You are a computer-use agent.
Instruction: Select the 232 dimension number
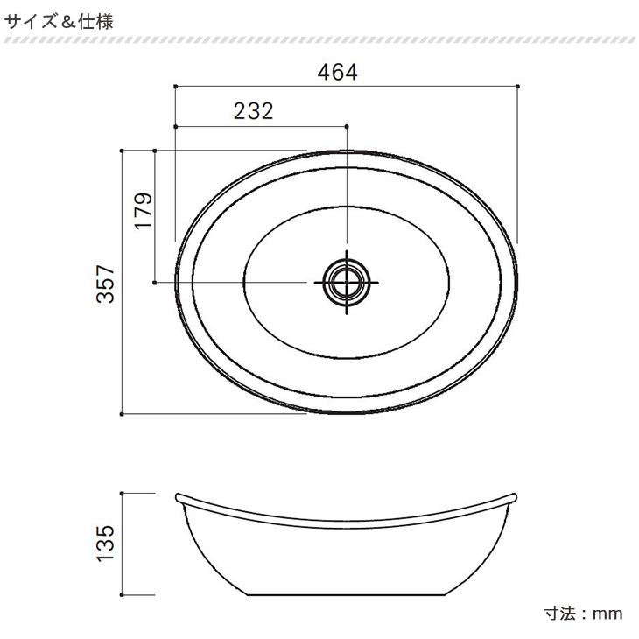254,111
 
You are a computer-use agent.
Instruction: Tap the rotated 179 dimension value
144,211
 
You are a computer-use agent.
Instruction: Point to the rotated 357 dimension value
107,284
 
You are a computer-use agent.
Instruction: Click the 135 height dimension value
107,544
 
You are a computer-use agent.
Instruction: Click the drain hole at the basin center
348,282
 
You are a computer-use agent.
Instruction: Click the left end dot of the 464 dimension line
176,86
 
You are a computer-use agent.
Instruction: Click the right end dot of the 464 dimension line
519,86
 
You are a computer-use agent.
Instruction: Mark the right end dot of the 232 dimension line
348,126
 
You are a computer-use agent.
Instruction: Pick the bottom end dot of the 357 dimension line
123,413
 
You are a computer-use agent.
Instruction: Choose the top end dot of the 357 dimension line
123,151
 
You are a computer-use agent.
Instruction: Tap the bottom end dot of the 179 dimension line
155,282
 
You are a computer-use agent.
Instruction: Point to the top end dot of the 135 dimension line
123,493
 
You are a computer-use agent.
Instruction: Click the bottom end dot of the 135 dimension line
123,594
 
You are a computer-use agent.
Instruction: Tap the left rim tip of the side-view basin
178,496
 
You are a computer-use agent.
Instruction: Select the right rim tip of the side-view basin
517,496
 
